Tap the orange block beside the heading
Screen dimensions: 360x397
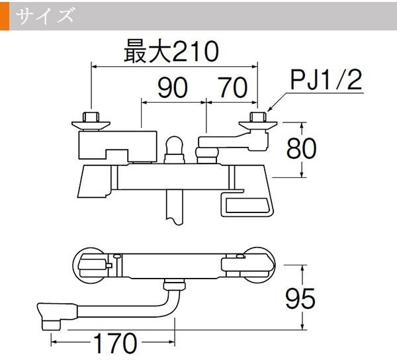pyautogui.click(x=5, y=15)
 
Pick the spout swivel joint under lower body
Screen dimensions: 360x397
pyautogui.click(x=174, y=286)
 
